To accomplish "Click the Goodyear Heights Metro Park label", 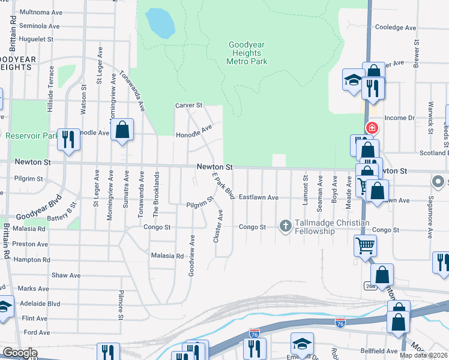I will pyautogui.click(x=247, y=53).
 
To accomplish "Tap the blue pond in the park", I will pyautogui.click(x=160, y=23).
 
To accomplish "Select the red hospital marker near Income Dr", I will pyautogui.click(x=372, y=128).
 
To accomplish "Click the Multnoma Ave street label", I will pyautogui.click(x=41, y=12).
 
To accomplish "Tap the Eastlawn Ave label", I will pyautogui.click(x=258, y=197).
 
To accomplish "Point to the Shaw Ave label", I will pyautogui.click(x=66, y=275).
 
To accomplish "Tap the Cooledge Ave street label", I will pyautogui.click(x=395, y=28).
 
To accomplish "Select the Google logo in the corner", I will pyautogui.click(x=20, y=353).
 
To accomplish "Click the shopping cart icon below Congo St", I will pyautogui.click(x=365, y=245).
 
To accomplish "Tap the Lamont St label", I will pyautogui.click(x=306, y=190).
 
